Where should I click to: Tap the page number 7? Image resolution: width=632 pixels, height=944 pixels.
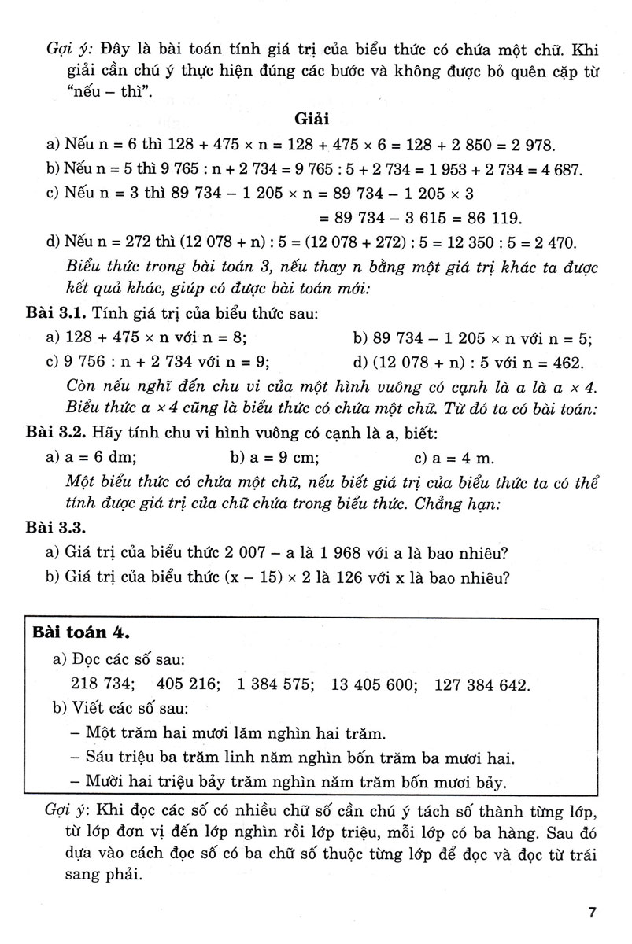pyautogui.click(x=592, y=913)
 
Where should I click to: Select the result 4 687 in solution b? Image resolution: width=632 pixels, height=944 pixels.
pyautogui.click(x=556, y=169)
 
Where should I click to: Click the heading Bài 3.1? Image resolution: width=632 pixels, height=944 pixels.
pyautogui.click(x=54, y=315)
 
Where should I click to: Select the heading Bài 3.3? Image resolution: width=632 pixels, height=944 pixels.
pyautogui.click(x=54, y=528)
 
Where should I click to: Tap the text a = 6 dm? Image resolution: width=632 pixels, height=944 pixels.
pyautogui.click(x=100, y=457)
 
